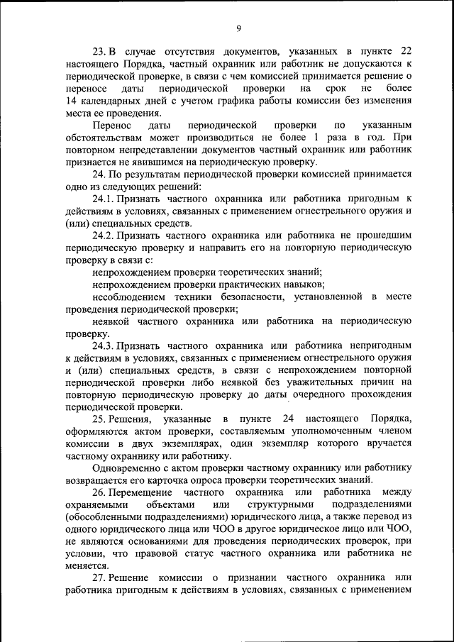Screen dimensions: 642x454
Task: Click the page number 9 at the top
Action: point(239,28)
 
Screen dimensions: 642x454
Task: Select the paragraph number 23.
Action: point(101,52)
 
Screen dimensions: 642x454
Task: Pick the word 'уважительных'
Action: point(309,382)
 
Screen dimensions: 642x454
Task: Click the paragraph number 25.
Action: point(101,419)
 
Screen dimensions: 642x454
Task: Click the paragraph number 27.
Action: point(101,580)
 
